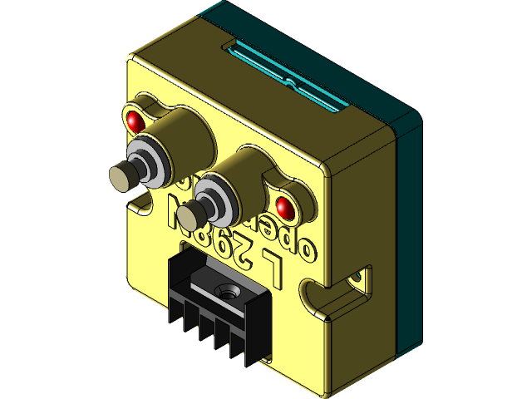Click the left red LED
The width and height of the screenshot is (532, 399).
tap(135, 121)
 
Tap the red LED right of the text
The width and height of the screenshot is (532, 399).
tap(283, 206)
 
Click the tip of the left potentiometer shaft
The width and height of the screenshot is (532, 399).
tap(121, 176)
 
